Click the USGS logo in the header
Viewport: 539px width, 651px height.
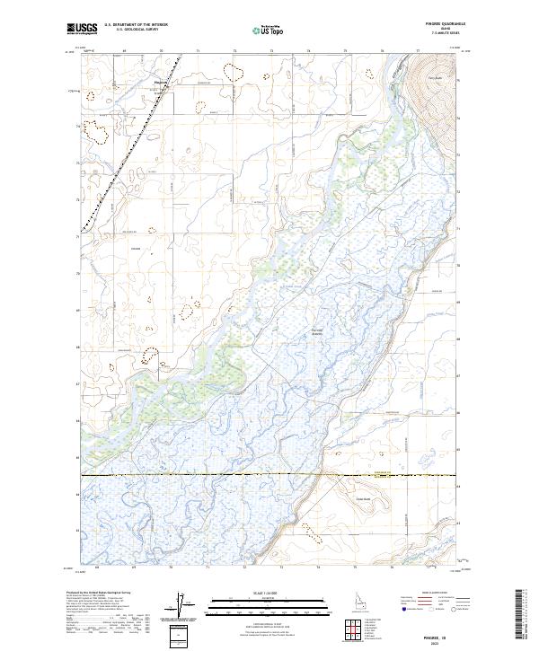[x=83, y=30]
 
